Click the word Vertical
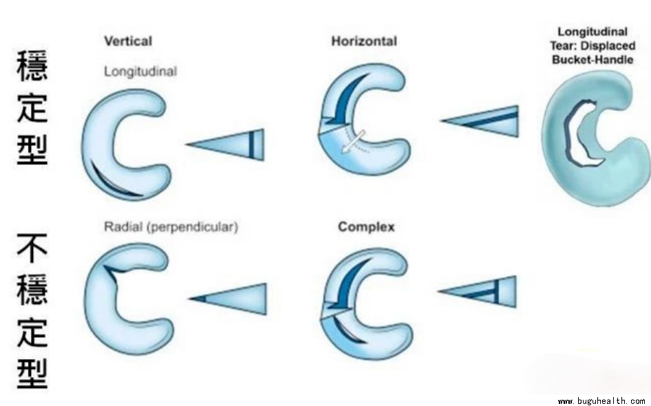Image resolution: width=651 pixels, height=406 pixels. coord(127,41)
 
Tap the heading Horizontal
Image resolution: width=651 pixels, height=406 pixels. coord(364,41)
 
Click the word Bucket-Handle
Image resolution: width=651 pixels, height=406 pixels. coord(593,59)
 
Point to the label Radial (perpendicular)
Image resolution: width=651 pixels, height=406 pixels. coord(171,227)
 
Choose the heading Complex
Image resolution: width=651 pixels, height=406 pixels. coord(366,227)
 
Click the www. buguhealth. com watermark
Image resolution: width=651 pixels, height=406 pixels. coord(601,400)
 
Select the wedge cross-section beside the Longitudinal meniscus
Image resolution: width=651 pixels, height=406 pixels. coord(227,144)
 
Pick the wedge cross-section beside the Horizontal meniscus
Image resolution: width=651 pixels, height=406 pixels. coord(482,121)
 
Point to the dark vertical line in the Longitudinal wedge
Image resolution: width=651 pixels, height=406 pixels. coord(252,144)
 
